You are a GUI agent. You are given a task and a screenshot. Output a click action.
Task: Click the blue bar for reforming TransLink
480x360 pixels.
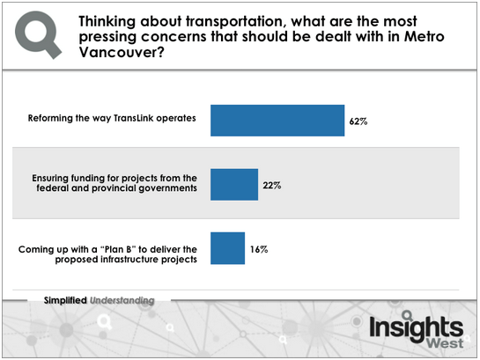[x=277, y=121]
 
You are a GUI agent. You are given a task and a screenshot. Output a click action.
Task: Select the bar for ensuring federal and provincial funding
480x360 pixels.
[x=234, y=185]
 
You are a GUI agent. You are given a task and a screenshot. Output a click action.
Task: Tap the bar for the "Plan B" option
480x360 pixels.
[x=227, y=248]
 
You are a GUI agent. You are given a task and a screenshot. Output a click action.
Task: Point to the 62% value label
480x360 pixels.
[x=358, y=121]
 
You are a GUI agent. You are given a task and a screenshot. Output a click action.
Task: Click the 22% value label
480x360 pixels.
[x=272, y=186]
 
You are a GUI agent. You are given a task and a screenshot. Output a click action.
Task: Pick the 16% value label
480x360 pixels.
[x=259, y=249]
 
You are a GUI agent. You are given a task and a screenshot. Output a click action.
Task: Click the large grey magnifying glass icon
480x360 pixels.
[x=38, y=34]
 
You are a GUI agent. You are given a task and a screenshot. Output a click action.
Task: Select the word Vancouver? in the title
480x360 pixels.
[x=122, y=52]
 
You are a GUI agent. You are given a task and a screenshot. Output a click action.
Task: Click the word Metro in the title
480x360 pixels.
[x=425, y=37]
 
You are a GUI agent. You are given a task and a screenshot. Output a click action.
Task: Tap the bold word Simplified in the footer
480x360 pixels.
[x=65, y=300]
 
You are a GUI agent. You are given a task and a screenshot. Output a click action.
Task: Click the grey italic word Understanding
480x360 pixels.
[x=122, y=301]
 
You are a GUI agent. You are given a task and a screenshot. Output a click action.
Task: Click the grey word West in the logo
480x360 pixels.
[x=446, y=343]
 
